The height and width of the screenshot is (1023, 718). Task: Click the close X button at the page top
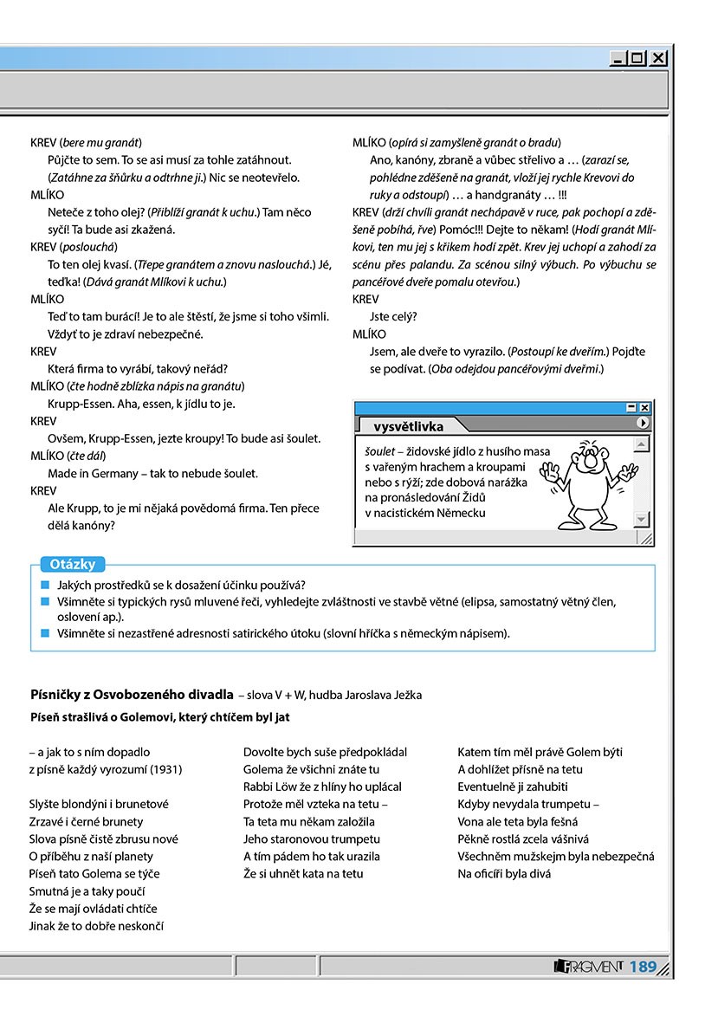(x=659, y=59)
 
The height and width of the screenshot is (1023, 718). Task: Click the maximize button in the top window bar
(x=638, y=59)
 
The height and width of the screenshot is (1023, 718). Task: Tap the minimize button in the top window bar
(x=618, y=59)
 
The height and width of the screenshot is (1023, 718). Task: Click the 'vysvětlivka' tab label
(x=409, y=426)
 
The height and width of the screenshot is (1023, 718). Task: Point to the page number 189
(x=643, y=967)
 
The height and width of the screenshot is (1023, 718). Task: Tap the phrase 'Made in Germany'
(x=88, y=473)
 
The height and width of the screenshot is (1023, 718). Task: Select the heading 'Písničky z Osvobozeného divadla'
(x=131, y=695)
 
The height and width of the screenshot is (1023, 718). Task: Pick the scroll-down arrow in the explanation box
(x=641, y=519)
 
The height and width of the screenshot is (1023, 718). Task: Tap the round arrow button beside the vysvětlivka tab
(x=642, y=423)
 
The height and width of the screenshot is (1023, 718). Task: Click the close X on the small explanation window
(x=644, y=407)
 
